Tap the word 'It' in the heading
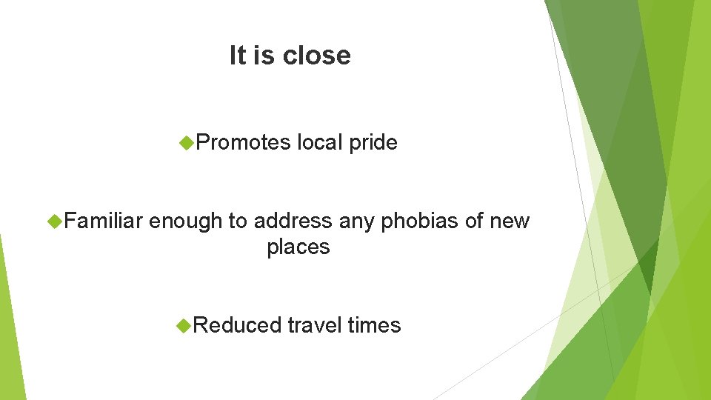coord(237,56)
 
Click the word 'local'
coord(320,142)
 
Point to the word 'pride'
coord(373,143)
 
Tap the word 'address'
coord(293,221)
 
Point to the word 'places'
coord(298,247)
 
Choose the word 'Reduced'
coord(238,325)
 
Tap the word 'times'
coord(374,325)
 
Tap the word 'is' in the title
coord(264,56)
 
